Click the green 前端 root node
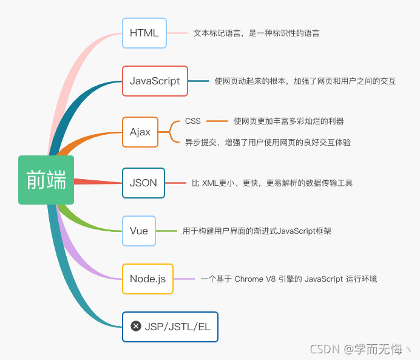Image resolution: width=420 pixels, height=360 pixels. [46, 180]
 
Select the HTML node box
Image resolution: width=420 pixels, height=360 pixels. [144, 33]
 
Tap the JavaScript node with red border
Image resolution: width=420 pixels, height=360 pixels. [155, 81]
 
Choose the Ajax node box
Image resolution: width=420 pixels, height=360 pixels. [140, 132]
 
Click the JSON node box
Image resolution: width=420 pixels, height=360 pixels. [143, 183]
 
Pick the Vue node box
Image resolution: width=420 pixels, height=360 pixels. [139, 231]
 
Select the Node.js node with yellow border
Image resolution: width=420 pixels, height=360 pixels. [147, 279]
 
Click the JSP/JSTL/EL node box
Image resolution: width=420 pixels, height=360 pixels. [170, 327]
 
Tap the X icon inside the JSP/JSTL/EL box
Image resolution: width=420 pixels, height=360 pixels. [136, 327]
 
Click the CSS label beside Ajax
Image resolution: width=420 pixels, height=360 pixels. [193, 121]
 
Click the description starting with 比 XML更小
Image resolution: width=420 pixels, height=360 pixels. [272, 183]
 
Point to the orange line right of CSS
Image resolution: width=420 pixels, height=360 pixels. [217, 121]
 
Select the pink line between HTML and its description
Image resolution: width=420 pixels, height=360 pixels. [177, 33]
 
